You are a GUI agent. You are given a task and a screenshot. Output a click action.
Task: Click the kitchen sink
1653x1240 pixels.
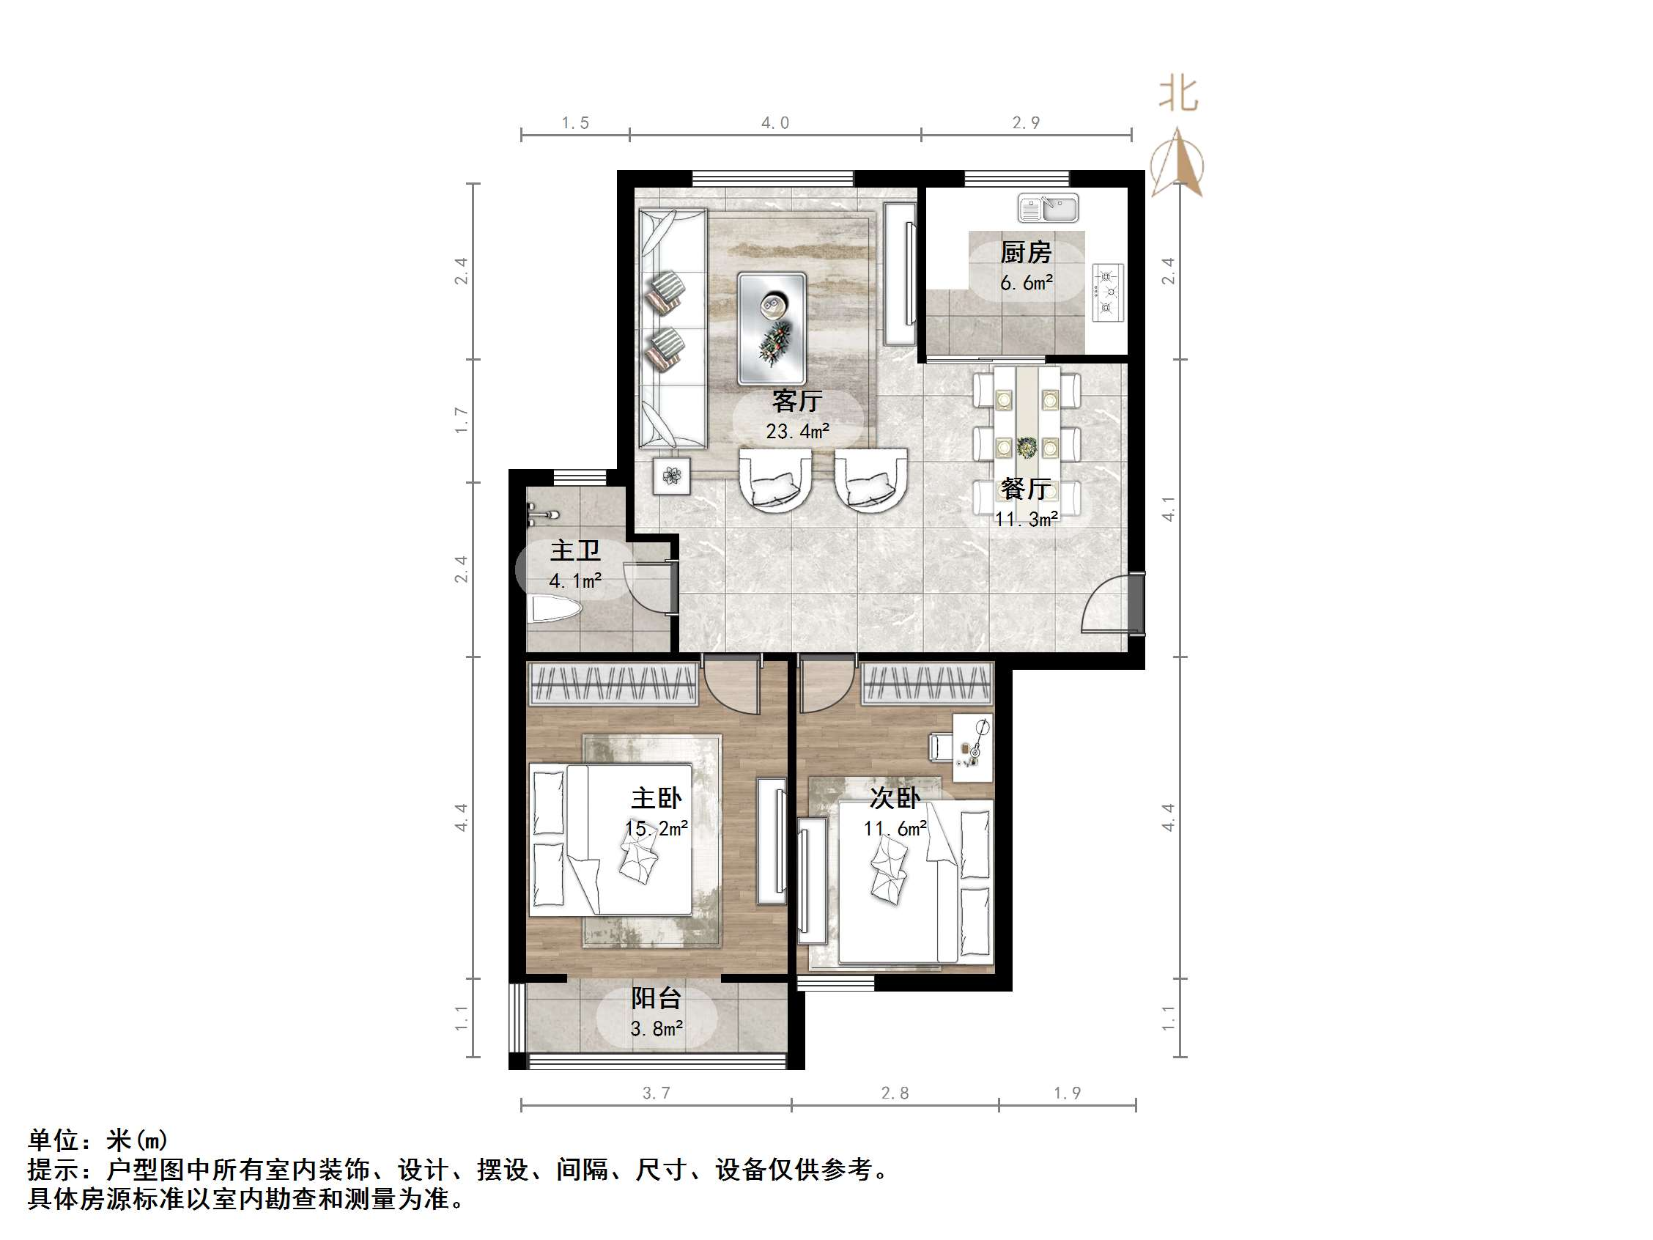pyautogui.click(x=1048, y=208)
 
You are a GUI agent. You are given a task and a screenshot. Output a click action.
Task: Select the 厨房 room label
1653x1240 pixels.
pyautogui.click(x=1026, y=253)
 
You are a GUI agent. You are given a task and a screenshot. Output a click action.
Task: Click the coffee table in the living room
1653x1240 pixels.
pyautogui.click(x=772, y=328)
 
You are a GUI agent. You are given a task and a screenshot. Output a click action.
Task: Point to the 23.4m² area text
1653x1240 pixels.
pyautogui.click(x=797, y=431)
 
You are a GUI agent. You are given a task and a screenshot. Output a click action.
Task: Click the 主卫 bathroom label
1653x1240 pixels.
pyautogui.click(x=574, y=551)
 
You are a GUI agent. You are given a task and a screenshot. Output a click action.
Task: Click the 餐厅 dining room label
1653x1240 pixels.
pyautogui.click(x=1026, y=489)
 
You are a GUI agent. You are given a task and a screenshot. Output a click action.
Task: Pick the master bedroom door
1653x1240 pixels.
pyautogui.click(x=731, y=686)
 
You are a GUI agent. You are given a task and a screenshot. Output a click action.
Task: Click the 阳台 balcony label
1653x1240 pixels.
pyautogui.click(x=656, y=997)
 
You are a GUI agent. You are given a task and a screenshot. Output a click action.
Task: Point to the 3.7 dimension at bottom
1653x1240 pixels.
pyautogui.click(x=656, y=1093)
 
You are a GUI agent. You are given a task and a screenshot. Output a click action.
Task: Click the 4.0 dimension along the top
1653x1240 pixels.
pyautogui.click(x=775, y=122)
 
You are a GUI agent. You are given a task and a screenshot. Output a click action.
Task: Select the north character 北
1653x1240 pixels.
pyautogui.click(x=1177, y=95)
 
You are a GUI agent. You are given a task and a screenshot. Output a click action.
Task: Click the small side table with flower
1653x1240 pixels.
pyautogui.click(x=671, y=475)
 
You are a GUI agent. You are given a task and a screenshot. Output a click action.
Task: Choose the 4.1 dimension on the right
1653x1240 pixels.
pyautogui.click(x=1169, y=509)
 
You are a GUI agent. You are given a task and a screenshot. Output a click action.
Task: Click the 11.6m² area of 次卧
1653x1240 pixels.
pyautogui.click(x=895, y=828)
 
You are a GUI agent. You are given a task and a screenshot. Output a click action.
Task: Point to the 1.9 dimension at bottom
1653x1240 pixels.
pyautogui.click(x=1067, y=1093)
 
